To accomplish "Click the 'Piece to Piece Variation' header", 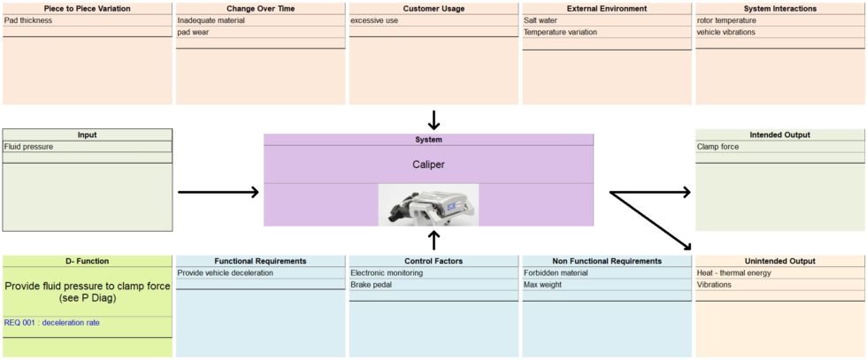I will pos(87,8).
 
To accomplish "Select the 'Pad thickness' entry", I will pos(28,20).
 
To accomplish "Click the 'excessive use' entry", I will pos(374,20).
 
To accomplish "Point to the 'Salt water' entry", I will pos(541,20).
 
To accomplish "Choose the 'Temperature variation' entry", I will pos(560,32).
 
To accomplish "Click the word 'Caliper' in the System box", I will pos(428,165).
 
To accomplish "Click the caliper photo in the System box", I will pos(428,204).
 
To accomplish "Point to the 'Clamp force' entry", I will pos(717,147).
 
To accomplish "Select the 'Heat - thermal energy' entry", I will pos(733,273).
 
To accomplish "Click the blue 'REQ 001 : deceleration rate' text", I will pos(52,323).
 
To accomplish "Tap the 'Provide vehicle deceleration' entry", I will pos(226,273).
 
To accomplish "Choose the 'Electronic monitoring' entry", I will pos(387,273).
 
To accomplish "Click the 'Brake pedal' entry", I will pos(371,285).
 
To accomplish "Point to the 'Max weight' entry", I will pos(542,285).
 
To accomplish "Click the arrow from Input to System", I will pos(218,191).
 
